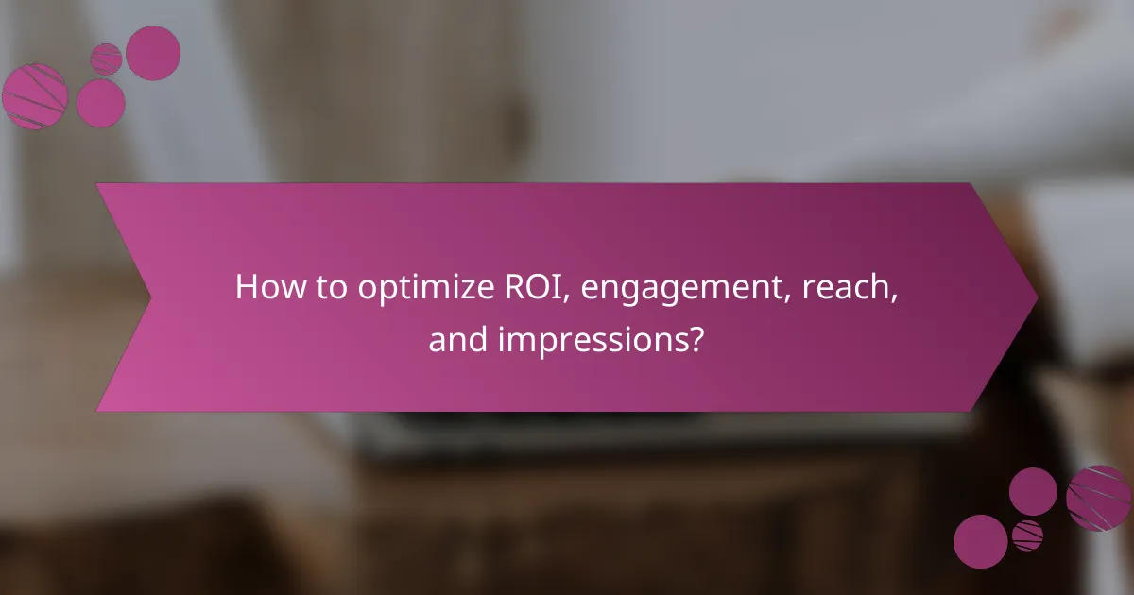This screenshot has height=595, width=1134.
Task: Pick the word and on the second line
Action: coord(455,337)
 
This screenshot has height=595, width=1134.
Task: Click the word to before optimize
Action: coord(331,288)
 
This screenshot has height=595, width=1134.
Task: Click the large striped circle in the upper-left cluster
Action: coord(35,96)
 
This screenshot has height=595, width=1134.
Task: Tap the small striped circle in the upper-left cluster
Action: coord(106,59)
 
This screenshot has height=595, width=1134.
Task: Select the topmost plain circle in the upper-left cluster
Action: coord(153,53)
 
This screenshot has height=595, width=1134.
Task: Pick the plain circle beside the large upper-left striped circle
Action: coord(100,103)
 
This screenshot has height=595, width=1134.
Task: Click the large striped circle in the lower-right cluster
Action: coord(1098,497)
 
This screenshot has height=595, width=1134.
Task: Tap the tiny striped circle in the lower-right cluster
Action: coord(1027,535)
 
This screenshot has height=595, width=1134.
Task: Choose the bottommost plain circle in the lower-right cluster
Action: coord(980,541)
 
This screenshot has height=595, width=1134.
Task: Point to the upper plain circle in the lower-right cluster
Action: coord(1033,492)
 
